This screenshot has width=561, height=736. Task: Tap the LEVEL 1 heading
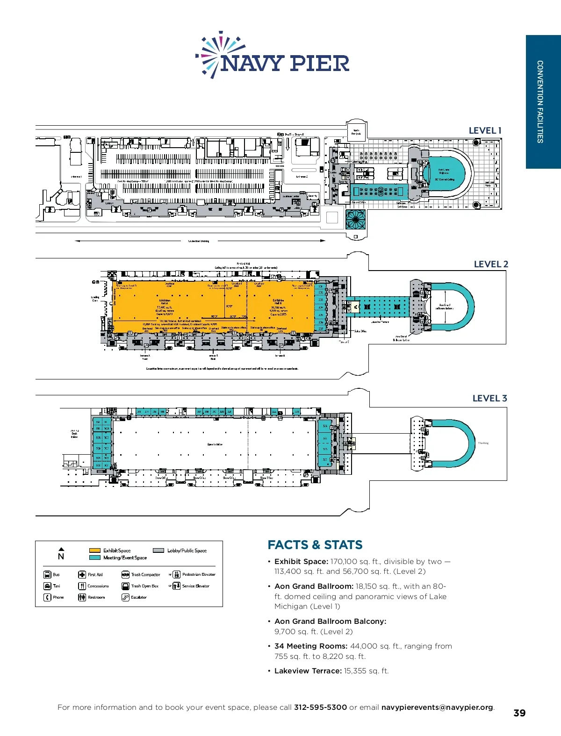point(485,131)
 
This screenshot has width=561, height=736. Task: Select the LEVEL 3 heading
point(489,398)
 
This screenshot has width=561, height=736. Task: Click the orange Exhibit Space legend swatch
point(95,550)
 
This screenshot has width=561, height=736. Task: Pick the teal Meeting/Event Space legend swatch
point(95,557)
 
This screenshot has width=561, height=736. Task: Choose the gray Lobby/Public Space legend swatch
point(158,550)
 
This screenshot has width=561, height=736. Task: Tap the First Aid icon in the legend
point(82,575)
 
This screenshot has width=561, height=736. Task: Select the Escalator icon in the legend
point(125,597)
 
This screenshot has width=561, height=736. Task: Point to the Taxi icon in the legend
point(47,586)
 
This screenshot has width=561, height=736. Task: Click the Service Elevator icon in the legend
point(176,586)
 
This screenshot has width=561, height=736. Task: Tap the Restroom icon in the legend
point(82,597)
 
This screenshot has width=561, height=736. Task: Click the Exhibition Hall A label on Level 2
point(165,302)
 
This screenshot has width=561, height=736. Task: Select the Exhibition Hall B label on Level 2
point(278,302)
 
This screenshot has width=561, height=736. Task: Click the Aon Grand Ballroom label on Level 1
point(444,171)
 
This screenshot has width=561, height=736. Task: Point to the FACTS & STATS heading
point(315,545)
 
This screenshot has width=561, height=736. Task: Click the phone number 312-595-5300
point(320,707)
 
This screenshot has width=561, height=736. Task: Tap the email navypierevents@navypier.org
point(437,707)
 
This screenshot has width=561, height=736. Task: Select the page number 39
point(519,713)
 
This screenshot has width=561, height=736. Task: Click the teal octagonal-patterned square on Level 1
point(356,219)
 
